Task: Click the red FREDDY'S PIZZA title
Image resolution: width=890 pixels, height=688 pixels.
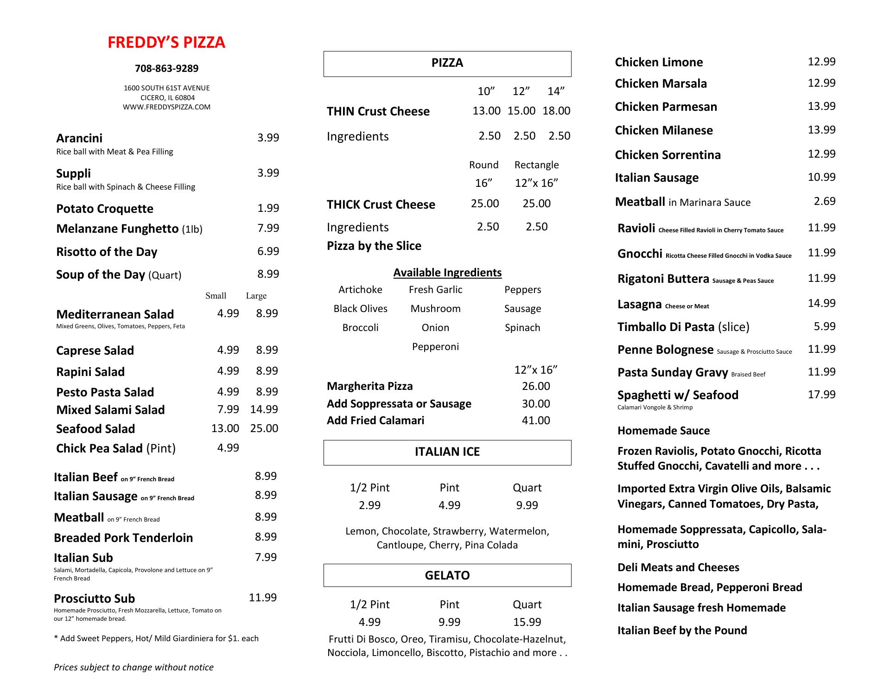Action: [x=166, y=43]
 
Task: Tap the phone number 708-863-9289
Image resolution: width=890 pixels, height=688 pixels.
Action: [x=166, y=69]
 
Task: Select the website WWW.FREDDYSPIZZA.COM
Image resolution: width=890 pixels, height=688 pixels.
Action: [x=166, y=107]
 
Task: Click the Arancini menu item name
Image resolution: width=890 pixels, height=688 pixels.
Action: [x=79, y=138]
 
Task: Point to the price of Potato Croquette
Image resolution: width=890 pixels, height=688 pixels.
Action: [x=268, y=208]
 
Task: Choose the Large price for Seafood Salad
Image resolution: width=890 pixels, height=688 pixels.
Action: [x=264, y=428]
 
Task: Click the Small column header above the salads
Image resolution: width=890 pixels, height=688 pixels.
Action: [x=216, y=296]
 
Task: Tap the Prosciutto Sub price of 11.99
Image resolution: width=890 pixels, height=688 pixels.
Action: [x=262, y=598]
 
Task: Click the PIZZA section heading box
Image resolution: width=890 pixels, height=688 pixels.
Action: [x=447, y=64]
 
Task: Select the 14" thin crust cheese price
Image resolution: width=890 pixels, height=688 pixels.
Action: [x=556, y=111]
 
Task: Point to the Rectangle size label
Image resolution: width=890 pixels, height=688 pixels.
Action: [x=536, y=165]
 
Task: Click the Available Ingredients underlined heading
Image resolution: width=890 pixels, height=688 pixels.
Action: [x=447, y=273]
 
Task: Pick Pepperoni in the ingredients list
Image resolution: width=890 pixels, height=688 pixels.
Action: [x=435, y=347]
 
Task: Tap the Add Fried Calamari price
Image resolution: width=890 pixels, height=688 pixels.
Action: [x=536, y=420]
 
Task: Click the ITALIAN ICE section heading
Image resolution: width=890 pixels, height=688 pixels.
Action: [x=447, y=452]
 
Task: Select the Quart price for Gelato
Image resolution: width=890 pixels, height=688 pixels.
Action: [x=527, y=622]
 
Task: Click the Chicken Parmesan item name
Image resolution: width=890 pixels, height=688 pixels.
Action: [x=666, y=107]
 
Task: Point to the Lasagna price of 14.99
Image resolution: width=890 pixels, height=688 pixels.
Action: [x=821, y=303]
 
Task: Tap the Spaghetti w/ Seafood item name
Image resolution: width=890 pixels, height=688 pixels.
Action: [x=678, y=395]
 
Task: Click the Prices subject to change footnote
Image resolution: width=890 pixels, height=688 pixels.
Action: [x=133, y=667]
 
